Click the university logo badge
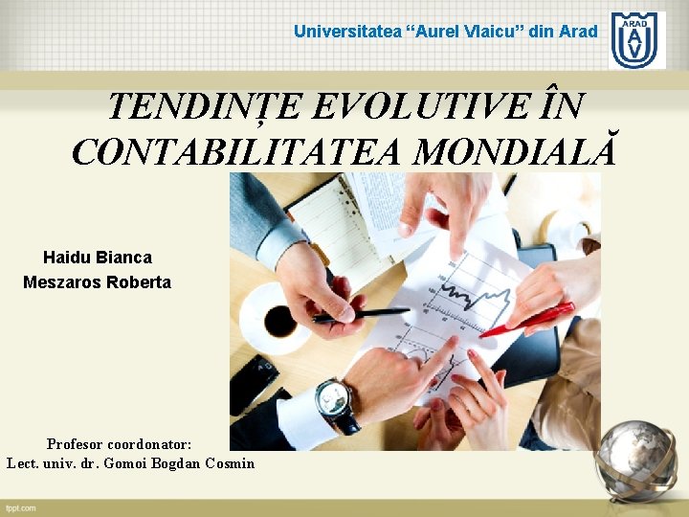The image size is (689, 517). pos(637,40)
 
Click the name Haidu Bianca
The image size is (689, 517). pos(97,258)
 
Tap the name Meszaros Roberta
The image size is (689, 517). pos(97,282)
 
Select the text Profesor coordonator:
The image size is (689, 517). pos(120,444)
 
